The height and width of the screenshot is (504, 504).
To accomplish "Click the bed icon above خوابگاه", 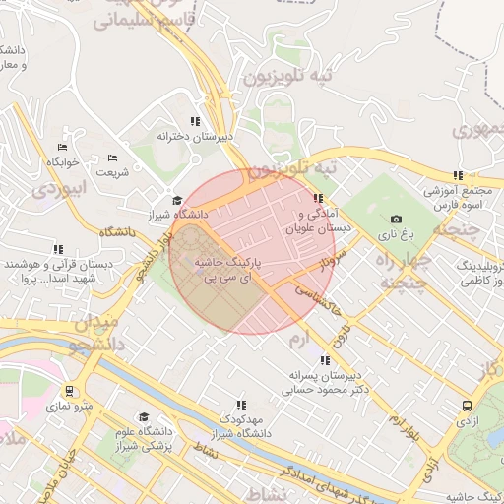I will [63, 147].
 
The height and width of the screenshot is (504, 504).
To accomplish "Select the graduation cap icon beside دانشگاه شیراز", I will [176, 201].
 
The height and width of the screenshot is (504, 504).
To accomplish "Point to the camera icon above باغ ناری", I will [396, 220].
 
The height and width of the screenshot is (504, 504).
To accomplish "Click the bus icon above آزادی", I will [467, 405].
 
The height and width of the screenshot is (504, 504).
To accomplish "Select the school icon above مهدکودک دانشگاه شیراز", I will [241, 405].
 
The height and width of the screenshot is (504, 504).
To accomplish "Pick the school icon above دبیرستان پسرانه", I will [325, 360].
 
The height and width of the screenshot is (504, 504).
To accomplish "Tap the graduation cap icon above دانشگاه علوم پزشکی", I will [145, 417].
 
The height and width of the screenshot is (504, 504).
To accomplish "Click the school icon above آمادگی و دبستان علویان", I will [316, 198].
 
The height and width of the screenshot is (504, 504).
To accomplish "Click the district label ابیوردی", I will [58, 186].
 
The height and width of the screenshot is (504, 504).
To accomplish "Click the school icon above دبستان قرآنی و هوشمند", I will [58, 250].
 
